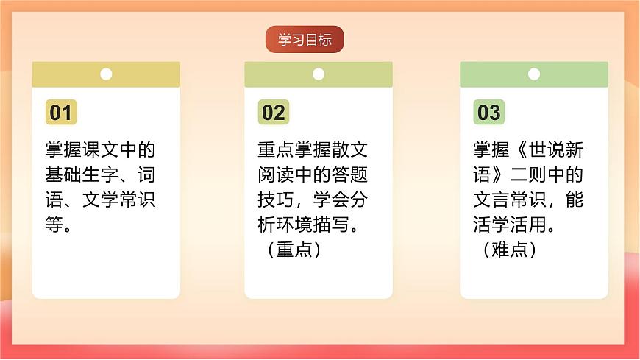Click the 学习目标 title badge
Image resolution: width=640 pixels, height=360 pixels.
click(305, 40)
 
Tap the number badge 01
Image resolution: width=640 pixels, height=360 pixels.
click(61, 113)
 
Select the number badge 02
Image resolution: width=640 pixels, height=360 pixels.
click(274, 113)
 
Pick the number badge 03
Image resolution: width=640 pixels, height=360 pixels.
click(489, 113)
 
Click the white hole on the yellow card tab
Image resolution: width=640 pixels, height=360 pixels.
click(106, 74)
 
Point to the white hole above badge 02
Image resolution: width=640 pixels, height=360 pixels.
click(319, 74)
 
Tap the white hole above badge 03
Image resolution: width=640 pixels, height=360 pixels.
click(534, 74)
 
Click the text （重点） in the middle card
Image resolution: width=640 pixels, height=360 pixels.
click(295, 250)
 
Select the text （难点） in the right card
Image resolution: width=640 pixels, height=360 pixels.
click(511, 250)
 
